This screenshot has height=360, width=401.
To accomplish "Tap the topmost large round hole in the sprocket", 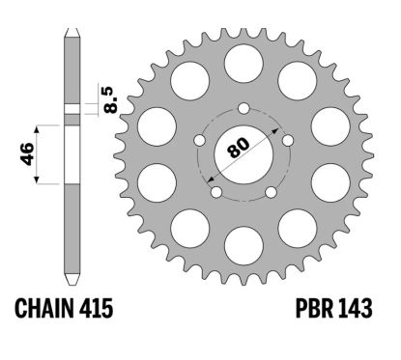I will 243,61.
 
